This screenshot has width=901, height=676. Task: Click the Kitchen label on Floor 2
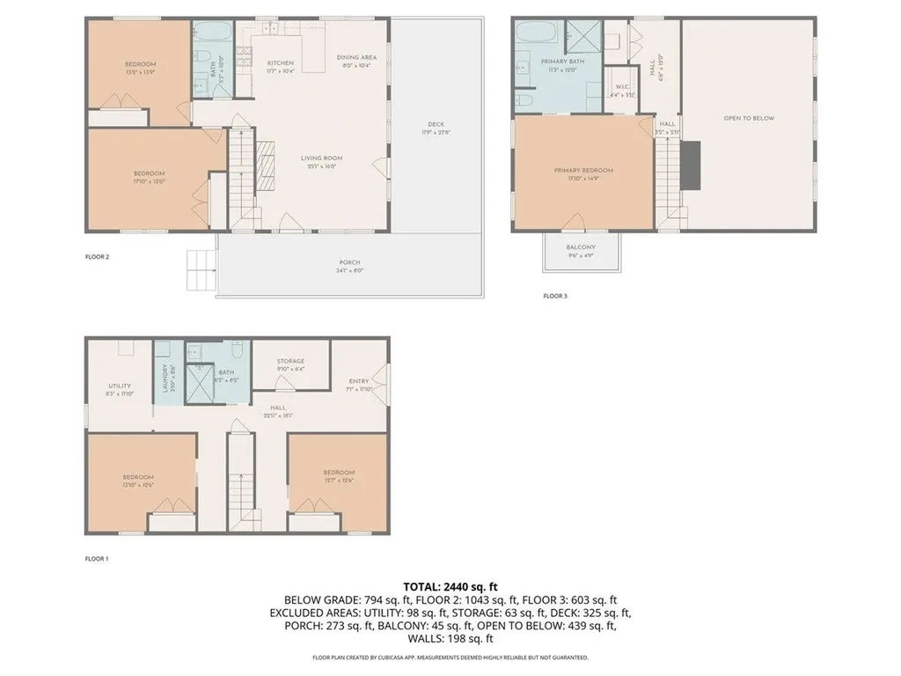[x=280, y=63]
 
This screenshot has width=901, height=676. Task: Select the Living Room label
[x=321, y=158]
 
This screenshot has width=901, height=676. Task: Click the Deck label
[x=436, y=124]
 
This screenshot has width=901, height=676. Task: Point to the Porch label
[x=350, y=262]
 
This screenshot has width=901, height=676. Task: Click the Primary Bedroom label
[x=583, y=170]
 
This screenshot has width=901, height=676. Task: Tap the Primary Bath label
[x=562, y=62]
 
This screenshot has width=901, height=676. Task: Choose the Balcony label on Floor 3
[x=581, y=247]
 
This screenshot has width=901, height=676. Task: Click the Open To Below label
[x=749, y=118]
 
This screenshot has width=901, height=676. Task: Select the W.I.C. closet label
[x=621, y=86]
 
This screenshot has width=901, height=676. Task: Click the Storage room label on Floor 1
[x=290, y=361]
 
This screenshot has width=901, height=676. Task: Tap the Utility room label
[x=120, y=386]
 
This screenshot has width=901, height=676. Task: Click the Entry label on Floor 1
[x=358, y=381]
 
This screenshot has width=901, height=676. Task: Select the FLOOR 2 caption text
[x=97, y=258]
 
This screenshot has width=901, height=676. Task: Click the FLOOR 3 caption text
[x=554, y=297]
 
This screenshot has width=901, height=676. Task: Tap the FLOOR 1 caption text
[x=97, y=559]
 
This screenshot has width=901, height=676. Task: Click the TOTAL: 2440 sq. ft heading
[x=450, y=586]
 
